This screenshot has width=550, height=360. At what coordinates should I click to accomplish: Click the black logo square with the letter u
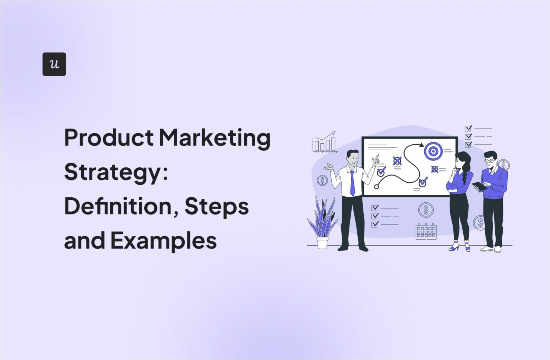54,64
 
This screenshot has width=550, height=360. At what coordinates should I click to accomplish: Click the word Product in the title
109,138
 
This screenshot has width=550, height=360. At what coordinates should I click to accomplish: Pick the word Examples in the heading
163,240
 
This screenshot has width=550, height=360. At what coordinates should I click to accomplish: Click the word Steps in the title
216,207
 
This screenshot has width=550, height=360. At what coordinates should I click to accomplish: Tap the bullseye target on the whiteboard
433,151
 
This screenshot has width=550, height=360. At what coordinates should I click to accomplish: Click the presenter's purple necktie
352,183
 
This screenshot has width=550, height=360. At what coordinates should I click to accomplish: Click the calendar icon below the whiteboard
426,231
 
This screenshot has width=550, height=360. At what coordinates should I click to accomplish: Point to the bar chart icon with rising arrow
324,142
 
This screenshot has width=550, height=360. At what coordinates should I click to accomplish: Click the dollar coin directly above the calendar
426,210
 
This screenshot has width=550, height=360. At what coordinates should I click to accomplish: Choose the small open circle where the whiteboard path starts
376,187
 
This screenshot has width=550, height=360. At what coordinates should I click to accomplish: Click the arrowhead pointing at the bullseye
421,145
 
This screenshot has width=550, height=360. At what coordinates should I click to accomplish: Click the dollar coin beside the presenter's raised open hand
322,180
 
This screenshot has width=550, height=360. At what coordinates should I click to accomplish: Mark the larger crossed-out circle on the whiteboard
397,161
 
